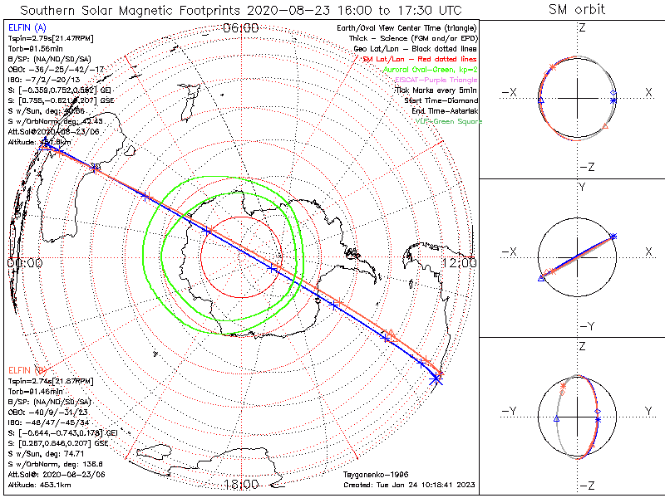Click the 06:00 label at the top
click(241, 29)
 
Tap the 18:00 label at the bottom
click(241, 484)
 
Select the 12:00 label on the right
click(459, 262)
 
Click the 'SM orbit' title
click(577, 10)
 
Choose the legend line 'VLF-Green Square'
click(448, 121)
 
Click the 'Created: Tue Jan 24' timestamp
click(411, 484)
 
